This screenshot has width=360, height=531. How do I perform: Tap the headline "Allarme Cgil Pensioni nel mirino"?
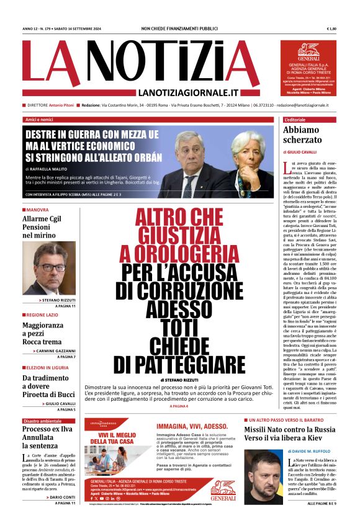(43, 227)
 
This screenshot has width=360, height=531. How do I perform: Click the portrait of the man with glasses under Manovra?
(49, 268)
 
